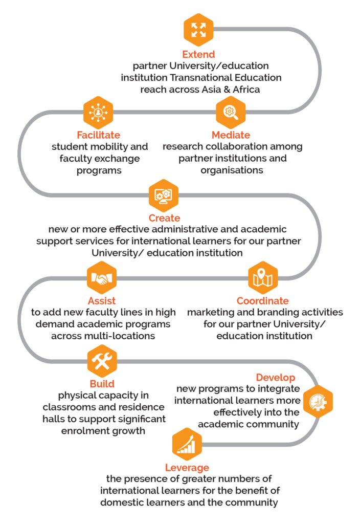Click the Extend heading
click(x=198, y=54)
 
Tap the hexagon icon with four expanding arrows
click(x=198, y=30)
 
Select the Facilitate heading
click(x=98, y=135)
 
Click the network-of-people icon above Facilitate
click(x=98, y=113)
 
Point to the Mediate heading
click(x=231, y=135)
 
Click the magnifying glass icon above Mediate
click(x=231, y=112)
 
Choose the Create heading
click(x=164, y=218)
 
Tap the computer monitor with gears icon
click(x=164, y=195)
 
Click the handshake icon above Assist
click(x=102, y=278)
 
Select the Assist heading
click(x=102, y=301)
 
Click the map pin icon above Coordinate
click(x=263, y=278)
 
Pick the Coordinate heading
click(x=262, y=301)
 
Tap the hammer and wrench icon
click(x=102, y=361)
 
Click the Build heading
click(x=102, y=384)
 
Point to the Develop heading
click(x=276, y=377)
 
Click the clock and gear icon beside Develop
click(x=318, y=401)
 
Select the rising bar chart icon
click(x=187, y=445)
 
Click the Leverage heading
click(x=187, y=468)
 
